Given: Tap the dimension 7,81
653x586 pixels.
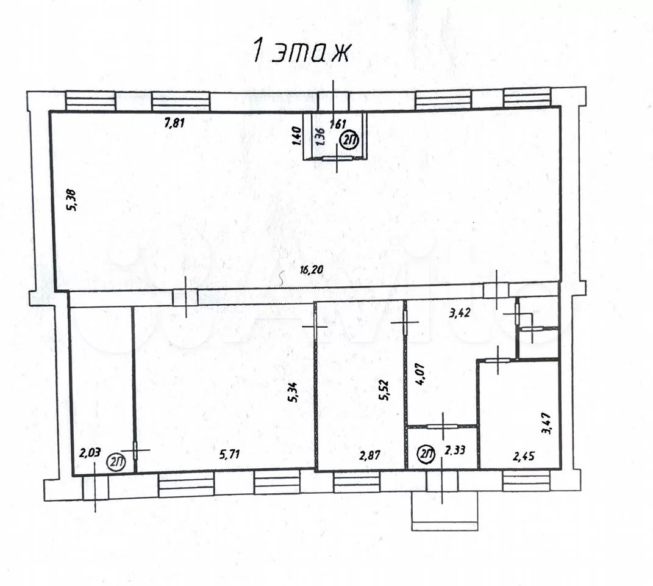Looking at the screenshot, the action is click(x=174, y=123).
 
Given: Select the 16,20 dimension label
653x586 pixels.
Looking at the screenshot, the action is click(x=312, y=269).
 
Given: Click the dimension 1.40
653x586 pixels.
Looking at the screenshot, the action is click(x=297, y=136).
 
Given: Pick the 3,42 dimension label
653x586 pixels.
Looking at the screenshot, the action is click(x=460, y=312).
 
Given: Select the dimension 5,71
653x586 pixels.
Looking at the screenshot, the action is click(x=229, y=454).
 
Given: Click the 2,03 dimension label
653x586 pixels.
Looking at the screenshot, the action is click(x=90, y=452).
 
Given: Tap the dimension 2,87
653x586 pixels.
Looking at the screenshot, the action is click(x=370, y=455).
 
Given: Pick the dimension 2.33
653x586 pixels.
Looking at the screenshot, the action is click(x=455, y=450).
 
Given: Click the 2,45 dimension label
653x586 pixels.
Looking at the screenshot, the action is click(x=524, y=457).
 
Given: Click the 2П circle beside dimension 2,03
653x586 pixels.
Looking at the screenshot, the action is click(x=116, y=462).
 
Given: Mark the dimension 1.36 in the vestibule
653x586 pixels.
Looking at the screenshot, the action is click(x=321, y=136).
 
